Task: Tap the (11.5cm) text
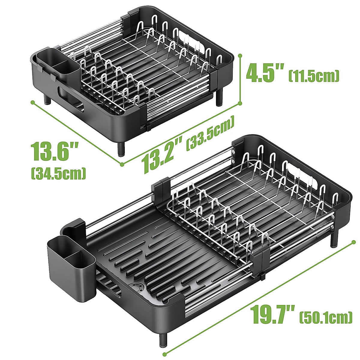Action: [314, 76]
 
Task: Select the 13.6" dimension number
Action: [54, 151]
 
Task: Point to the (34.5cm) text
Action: [58, 173]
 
